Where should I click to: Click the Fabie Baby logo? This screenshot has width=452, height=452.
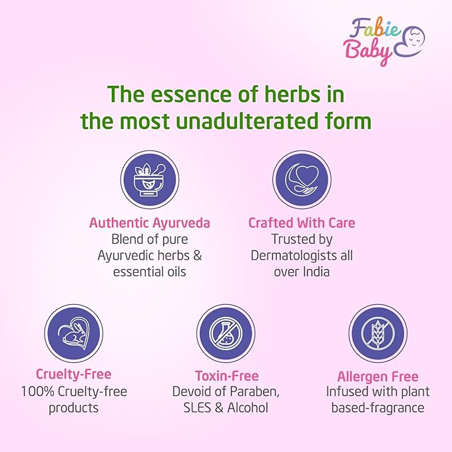[x=384, y=41]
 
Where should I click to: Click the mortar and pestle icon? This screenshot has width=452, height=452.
[x=150, y=180]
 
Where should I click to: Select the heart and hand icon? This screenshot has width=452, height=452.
[x=302, y=180]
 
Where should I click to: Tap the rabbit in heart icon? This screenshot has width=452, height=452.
[x=73, y=334]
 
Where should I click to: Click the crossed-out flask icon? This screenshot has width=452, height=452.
[x=226, y=334]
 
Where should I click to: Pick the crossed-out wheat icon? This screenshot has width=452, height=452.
[x=378, y=334]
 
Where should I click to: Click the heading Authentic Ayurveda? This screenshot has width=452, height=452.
[x=150, y=223]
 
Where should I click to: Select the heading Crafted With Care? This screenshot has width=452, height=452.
[x=302, y=223]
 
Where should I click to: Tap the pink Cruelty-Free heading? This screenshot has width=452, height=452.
[x=73, y=374]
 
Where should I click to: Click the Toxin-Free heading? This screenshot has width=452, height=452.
[x=227, y=375]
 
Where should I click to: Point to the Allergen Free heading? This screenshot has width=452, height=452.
[x=377, y=377]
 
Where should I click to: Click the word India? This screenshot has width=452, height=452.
[x=316, y=272]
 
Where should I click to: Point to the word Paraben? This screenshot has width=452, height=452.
[x=254, y=391]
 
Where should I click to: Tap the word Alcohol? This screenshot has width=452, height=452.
[x=248, y=407]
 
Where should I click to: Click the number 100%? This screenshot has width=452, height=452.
[x=38, y=391]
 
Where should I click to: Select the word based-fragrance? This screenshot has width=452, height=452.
[x=377, y=408]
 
